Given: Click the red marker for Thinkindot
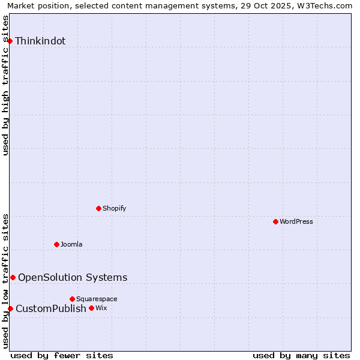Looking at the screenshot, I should pyautogui.click(x=10, y=41).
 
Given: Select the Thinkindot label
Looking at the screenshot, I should pyautogui.click(x=40, y=41).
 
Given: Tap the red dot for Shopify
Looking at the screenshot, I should pyautogui.click(x=99, y=209).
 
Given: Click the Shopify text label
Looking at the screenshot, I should pyautogui.click(x=114, y=209).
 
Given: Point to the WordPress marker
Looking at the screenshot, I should pyautogui.click(x=276, y=222).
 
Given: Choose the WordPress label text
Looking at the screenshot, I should pyautogui.click(x=296, y=222).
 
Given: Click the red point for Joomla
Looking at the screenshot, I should pyautogui.click(x=57, y=244).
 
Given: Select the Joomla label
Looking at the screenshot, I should pyautogui.click(x=71, y=245).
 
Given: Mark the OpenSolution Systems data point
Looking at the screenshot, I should pyautogui.click(x=13, y=277).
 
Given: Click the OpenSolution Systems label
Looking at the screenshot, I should pyautogui.click(x=73, y=277).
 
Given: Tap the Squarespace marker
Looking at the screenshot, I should pyautogui.click(x=73, y=299).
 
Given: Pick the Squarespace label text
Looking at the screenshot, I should pyautogui.click(x=97, y=299).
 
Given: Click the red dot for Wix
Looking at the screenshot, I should pyautogui.click(x=92, y=308).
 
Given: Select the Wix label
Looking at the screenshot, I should pyautogui.click(x=101, y=308).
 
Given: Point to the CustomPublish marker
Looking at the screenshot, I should pyautogui.click(x=10, y=308).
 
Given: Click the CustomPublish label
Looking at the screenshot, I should pyautogui.click(x=51, y=309).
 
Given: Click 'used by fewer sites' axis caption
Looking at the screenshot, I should pyautogui.click(x=62, y=355).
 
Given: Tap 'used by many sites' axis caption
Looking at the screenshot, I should pyautogui.click(x=301, y=355).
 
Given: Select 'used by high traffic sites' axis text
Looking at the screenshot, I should pyautogui.click(x=6, y=85).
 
